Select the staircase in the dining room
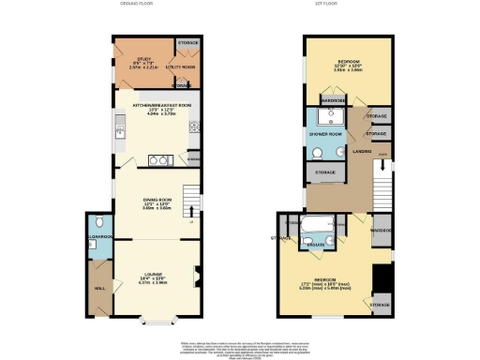click(x=190, y=199)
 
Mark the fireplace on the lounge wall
click(x=198, y=275)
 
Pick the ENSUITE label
click(x=314, y=243)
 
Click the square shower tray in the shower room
click(x=328, y=115)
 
